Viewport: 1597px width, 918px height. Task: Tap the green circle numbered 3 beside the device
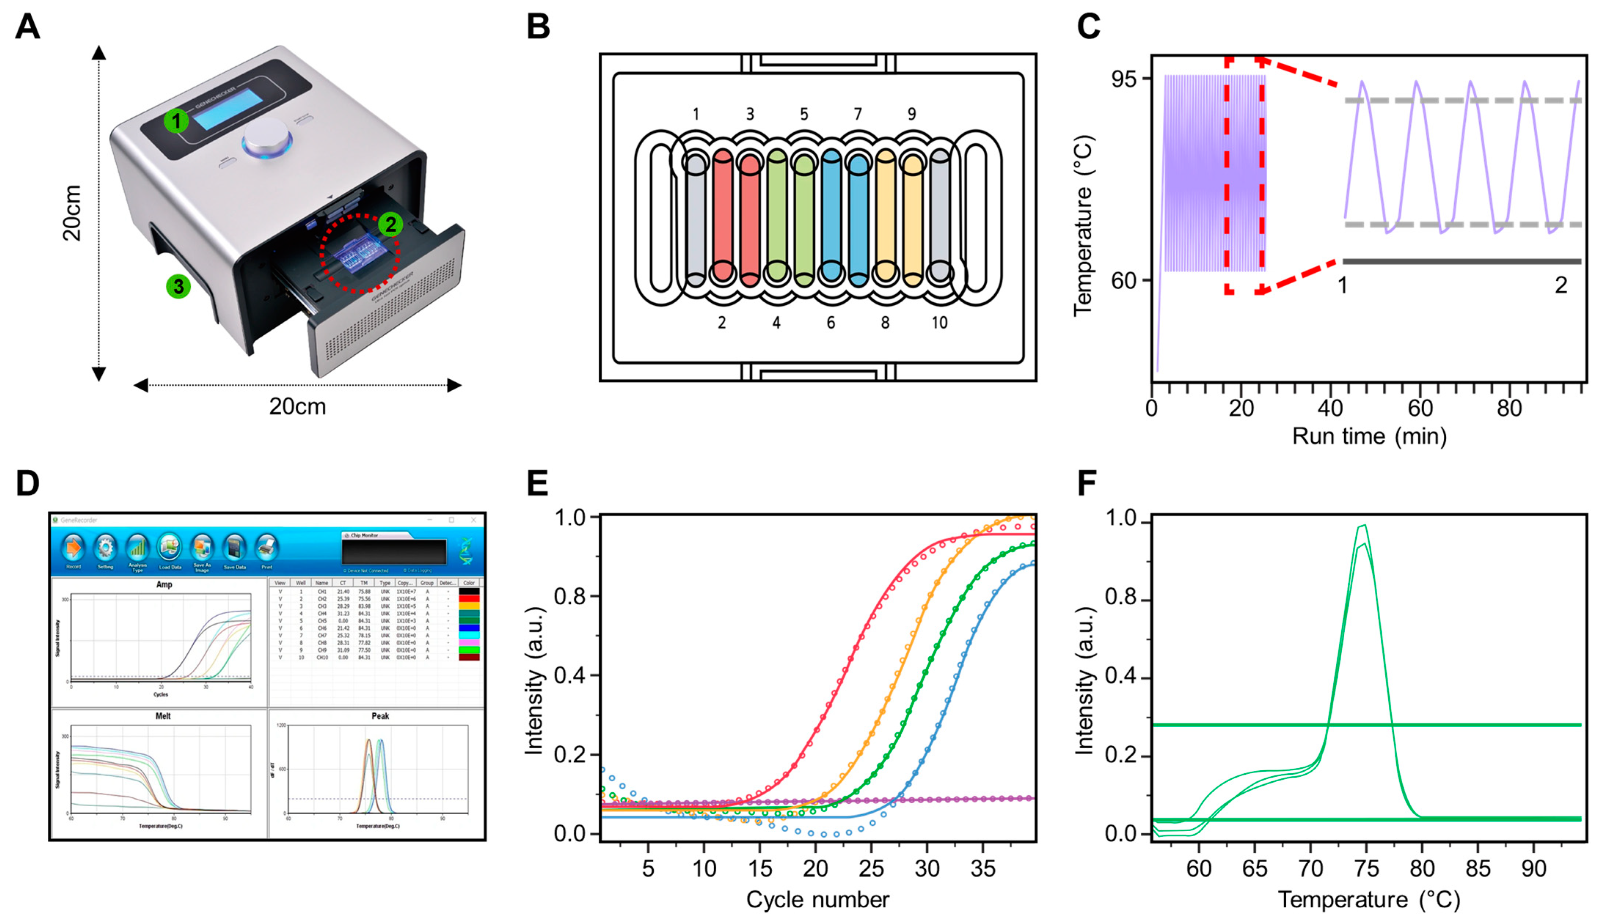coord(179,286)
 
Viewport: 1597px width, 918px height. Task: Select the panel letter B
coord(538,28)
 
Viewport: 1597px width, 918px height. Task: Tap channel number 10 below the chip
coord(939,323)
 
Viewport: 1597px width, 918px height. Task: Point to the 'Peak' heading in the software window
coord(380,716)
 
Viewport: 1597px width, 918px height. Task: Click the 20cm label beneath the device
coord(297,407)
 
